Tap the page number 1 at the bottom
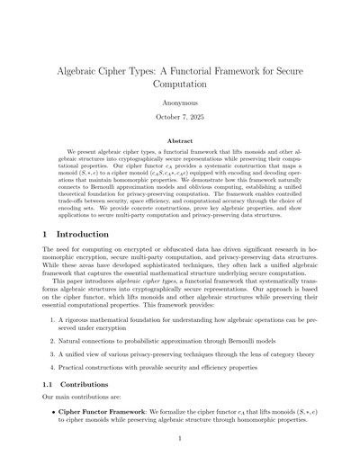click(180, 438)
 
